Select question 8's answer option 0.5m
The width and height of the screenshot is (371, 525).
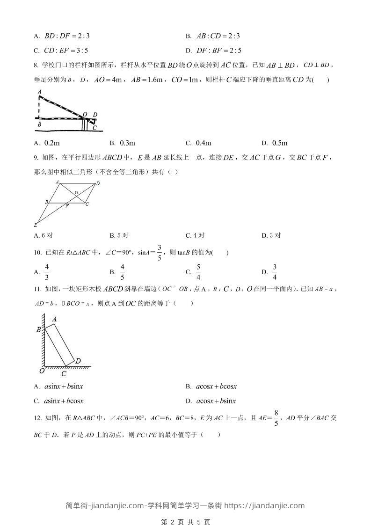point(279,143)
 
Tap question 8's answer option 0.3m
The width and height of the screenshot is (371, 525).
point(127,143)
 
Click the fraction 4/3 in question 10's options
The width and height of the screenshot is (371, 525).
point(47,272)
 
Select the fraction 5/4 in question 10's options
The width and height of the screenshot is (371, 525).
point(198,272)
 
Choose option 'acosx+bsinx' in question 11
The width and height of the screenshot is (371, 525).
point(216,401)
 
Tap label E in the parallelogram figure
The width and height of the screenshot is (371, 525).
point(35,225)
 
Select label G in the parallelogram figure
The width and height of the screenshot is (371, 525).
point(76,192)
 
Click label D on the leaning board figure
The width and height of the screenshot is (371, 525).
point(78,361)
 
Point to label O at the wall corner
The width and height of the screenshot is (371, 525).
point(41,371)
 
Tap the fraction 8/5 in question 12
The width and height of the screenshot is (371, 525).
point(276,418)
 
